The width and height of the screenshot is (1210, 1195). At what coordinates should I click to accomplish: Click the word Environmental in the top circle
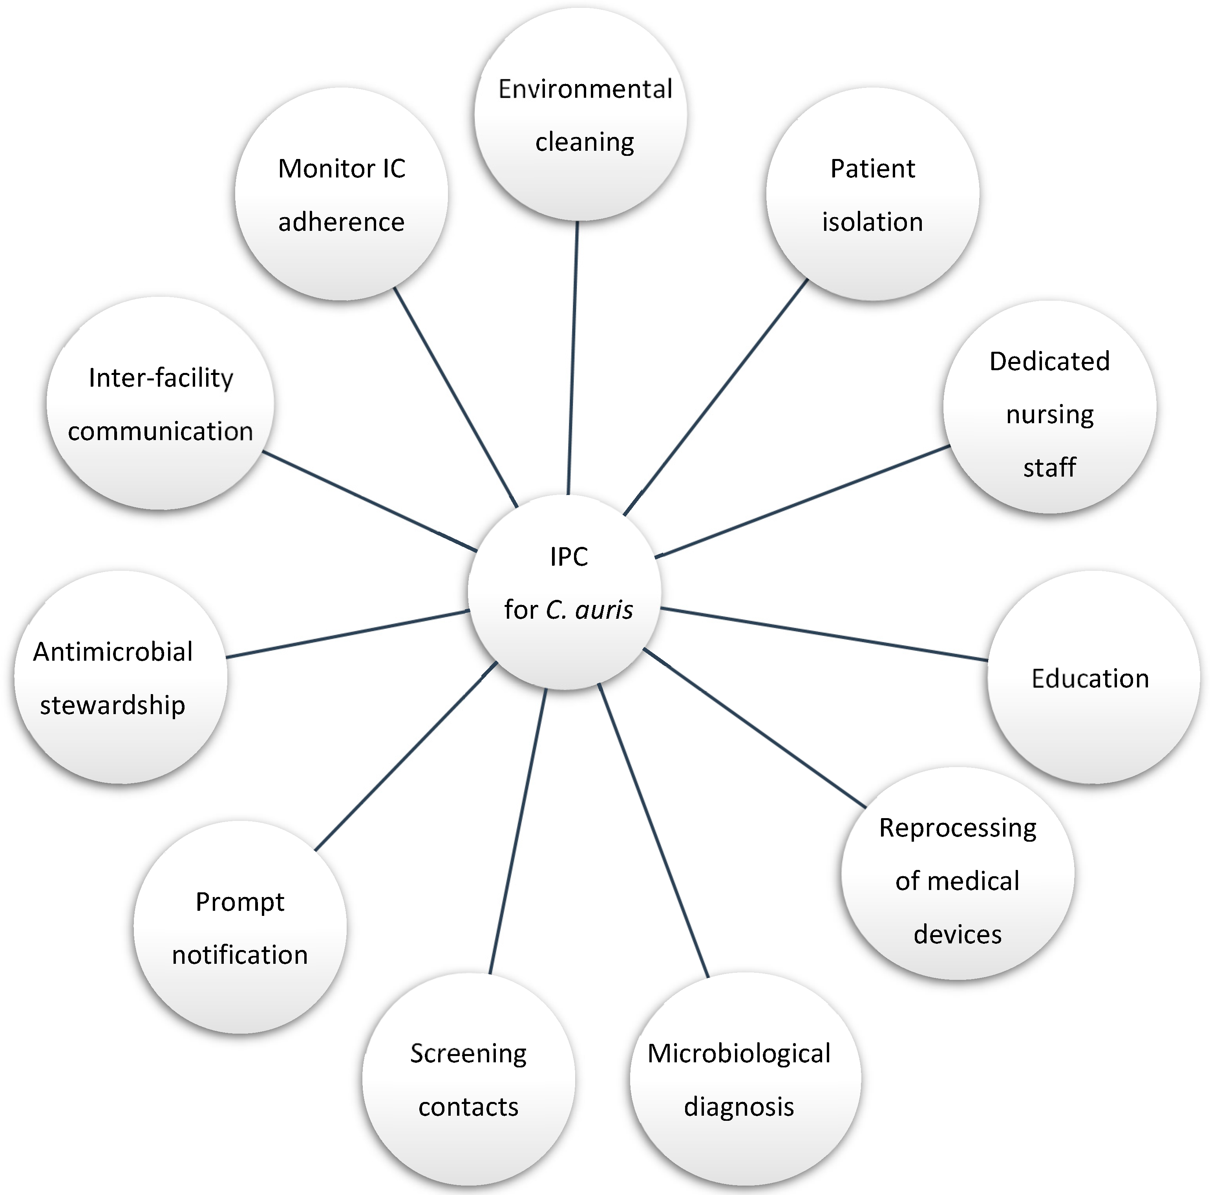click(585, 89)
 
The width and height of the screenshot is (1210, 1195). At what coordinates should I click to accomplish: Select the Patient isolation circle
click(872, 194)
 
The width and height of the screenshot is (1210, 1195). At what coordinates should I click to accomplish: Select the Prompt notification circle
click(240, 927)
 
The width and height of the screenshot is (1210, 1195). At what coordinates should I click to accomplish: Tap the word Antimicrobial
click(113, 652)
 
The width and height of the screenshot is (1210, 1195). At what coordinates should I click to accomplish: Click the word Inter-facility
click(161, 378)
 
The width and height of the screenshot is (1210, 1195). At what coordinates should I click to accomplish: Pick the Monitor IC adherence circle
click(341, 194)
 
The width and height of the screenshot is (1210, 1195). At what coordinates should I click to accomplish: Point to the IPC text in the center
click(568, 557)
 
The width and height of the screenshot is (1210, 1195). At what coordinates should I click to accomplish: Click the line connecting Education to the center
click(824, 634)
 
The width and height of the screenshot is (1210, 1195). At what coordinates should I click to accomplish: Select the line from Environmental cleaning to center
click(572, 357)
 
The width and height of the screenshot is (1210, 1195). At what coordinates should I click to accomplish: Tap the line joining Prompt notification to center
click(406, 756)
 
